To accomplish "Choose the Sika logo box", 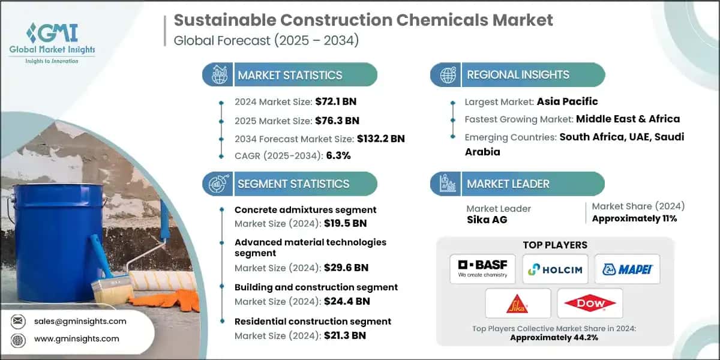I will tap(518, 304).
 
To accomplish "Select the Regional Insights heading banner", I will tap(517, 75).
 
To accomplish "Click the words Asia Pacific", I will tap(567, 101).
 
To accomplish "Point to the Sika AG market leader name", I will tap(487, 220).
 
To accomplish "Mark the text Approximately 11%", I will tap(634, 218).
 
